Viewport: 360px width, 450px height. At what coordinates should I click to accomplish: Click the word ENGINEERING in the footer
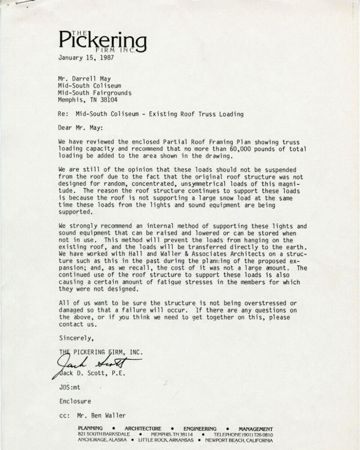point(200,428)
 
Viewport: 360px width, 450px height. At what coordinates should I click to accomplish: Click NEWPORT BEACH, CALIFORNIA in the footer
point(242,441)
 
